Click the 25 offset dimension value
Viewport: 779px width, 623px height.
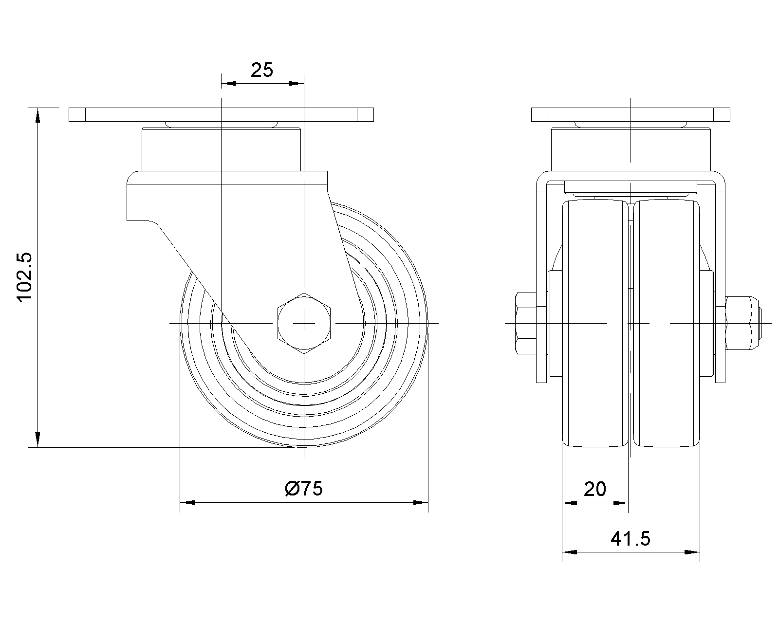(262, 70)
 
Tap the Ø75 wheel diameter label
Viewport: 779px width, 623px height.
(304, 488)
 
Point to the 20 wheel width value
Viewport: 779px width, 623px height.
(595, 489)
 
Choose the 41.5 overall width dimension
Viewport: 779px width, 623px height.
(630, 539)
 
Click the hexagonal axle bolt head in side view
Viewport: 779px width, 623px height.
(304, 323)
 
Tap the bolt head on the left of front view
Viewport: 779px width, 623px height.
(526, 323)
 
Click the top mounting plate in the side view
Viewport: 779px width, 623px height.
(221, 114)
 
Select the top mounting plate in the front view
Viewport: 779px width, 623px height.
(631, 114)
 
